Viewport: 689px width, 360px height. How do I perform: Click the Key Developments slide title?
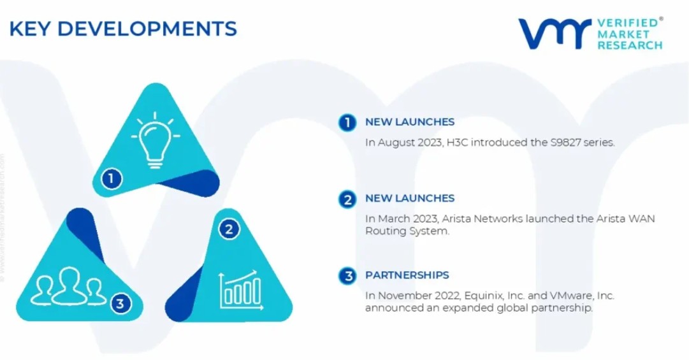tap(123, 29)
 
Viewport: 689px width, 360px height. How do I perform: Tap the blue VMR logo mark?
tap(555, 33)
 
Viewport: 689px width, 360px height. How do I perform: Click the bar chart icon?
tap(241, 290)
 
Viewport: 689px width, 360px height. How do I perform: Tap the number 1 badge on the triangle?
tap(112, 178)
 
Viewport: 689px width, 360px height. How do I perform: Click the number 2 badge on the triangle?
tap(229, 229)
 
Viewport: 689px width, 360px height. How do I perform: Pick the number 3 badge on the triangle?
tap(120, 303)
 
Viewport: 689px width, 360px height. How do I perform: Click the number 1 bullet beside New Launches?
tap(347, 122)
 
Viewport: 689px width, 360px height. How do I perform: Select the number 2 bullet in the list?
tap(347, 199)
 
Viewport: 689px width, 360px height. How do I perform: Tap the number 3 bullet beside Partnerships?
tap(347, 276)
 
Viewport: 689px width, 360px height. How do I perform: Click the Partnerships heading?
tap(407, 275)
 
